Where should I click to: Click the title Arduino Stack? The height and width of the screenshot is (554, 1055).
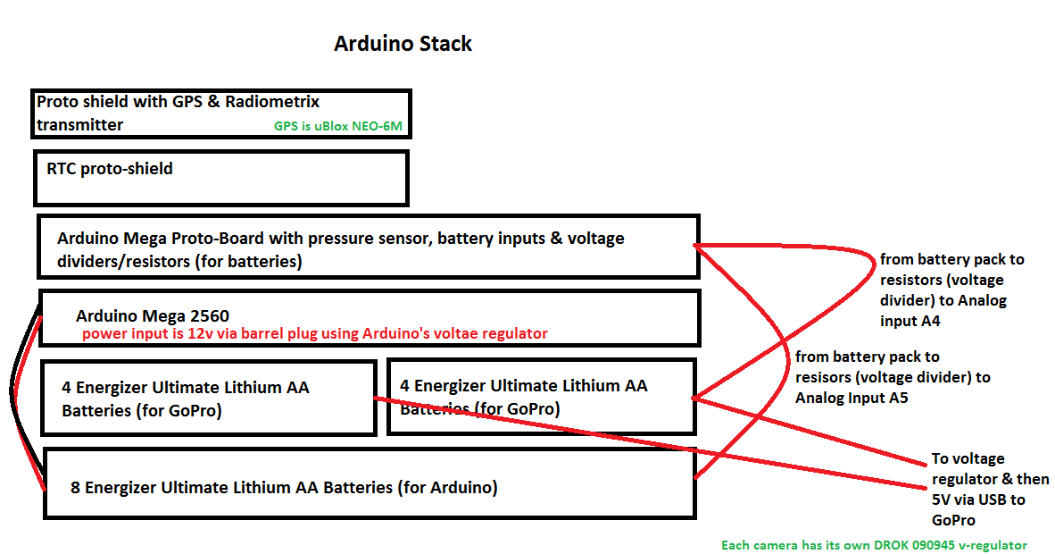coord(403,44)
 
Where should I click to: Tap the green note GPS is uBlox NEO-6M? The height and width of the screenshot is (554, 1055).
coord(337,126)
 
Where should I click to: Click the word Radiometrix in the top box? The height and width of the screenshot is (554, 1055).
coord(272,102)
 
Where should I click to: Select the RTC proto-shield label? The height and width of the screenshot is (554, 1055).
coord(110,169)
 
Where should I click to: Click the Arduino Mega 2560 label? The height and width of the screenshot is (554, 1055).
coord(152,315)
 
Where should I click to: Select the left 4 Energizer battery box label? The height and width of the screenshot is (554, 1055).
coord(185,399)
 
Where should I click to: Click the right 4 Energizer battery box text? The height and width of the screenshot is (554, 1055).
coord(523,397)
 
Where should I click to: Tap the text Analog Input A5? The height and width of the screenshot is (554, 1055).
coord(851,399)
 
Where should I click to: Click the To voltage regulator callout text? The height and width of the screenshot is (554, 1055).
coord(990,490)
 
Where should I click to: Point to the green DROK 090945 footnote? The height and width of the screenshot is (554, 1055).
coord(874,545)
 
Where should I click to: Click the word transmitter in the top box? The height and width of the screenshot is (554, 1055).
coord(79,125)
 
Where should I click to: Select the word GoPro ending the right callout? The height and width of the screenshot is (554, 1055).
coord(953,520)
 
